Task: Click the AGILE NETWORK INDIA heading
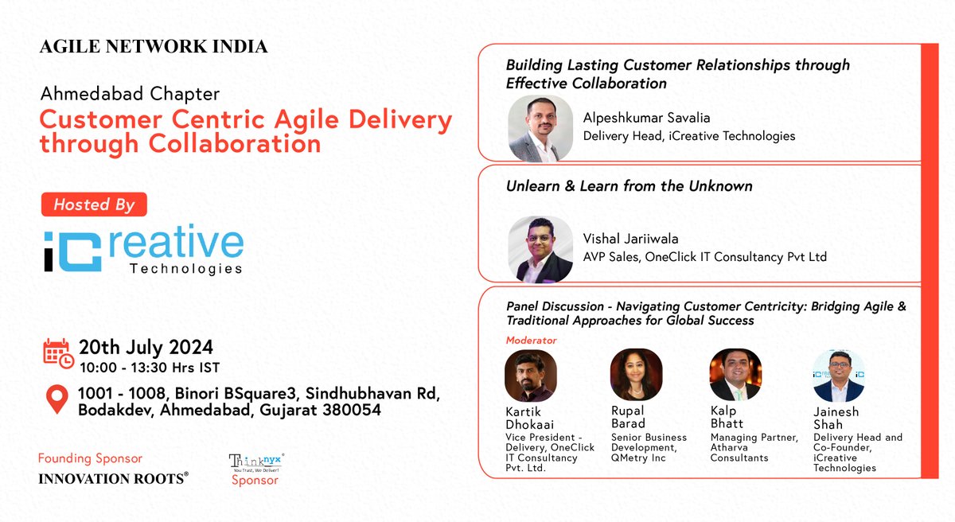154,47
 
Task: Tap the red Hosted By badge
94,205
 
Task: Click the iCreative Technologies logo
143,251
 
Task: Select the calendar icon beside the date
58,355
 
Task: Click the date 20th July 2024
146,347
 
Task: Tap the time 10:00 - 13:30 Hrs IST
148,367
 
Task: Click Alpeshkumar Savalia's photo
540,127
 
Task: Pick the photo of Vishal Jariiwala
540,248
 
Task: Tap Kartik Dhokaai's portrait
531,376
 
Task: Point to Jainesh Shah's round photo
839,376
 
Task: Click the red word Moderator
531,341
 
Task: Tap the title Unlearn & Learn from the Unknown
629,186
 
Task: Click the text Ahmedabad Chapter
130,94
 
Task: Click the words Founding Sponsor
90,459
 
